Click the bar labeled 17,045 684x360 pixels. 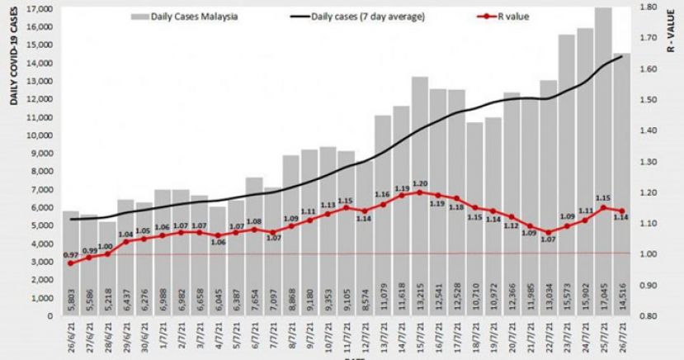tap(602, 165)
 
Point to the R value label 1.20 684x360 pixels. tap(420, 183)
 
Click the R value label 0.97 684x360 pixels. tap(72, 255)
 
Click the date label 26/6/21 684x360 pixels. tap(72, 339)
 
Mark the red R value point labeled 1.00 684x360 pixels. tap(107, 253)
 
